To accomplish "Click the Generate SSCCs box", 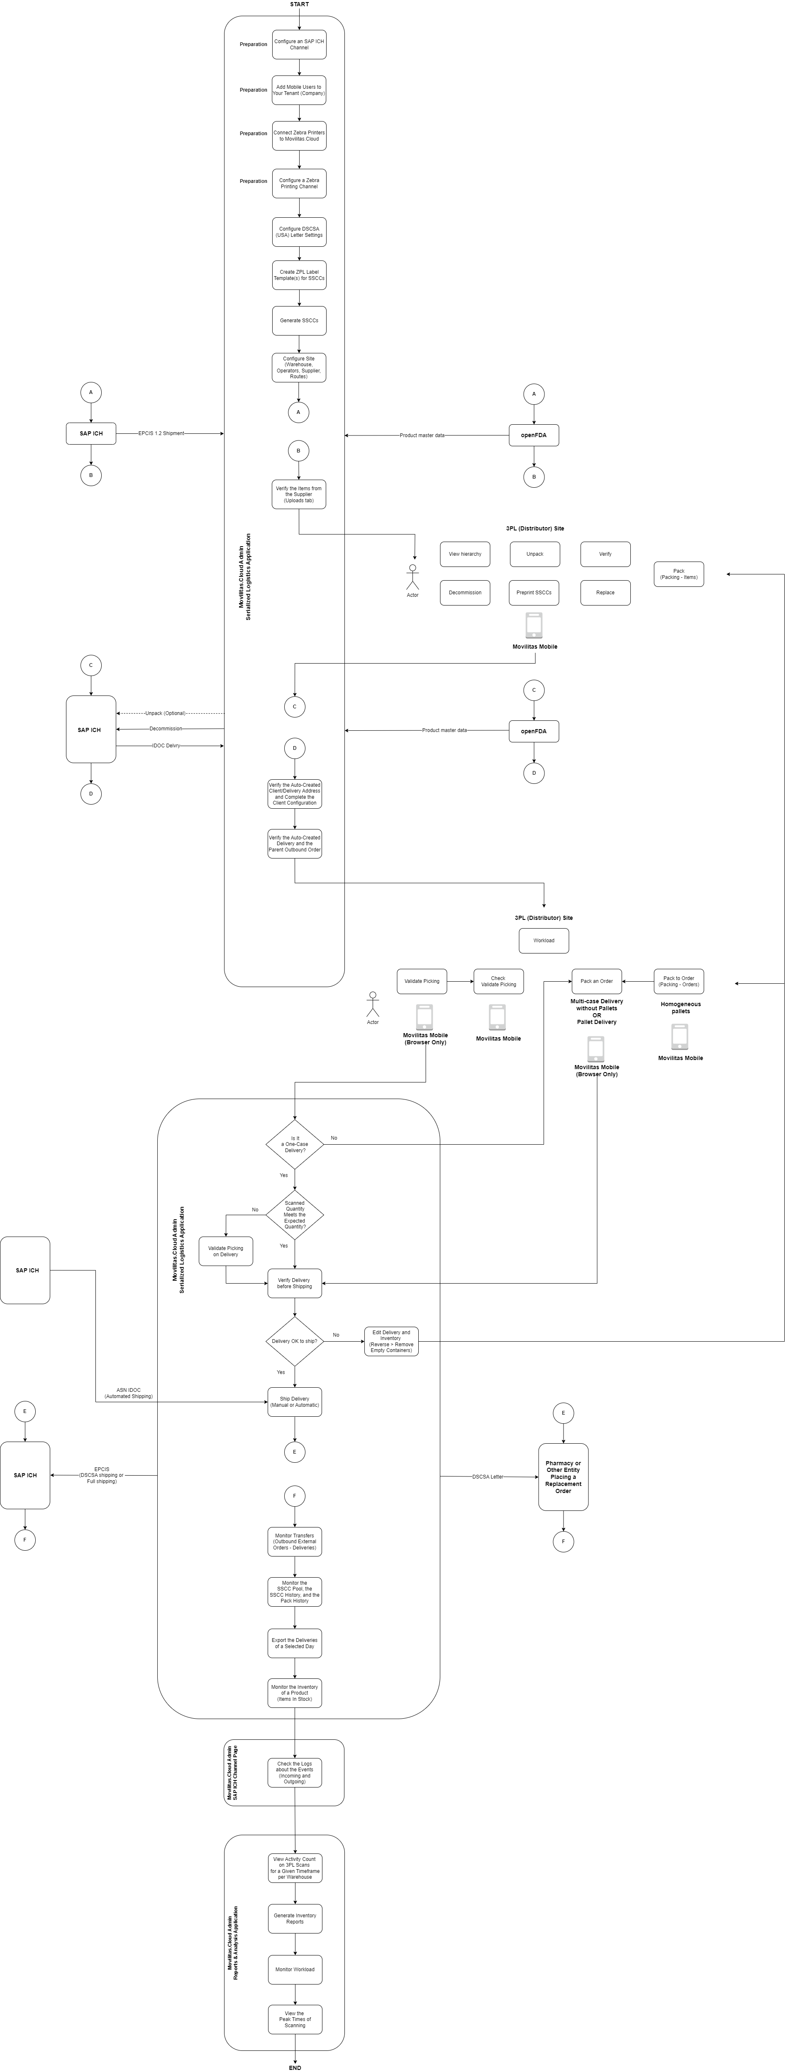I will (299, 320).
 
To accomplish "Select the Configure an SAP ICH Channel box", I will (299, 44).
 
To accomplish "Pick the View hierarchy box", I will (464, 554).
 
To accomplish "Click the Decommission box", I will (464, 593).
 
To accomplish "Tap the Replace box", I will (605, 593).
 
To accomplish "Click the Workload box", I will (543, 940).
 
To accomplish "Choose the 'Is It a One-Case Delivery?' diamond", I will (295, 1144).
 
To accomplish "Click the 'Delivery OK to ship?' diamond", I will (295, 1341).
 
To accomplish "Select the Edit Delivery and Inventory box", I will (391, 1341).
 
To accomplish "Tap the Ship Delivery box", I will (295, 1402).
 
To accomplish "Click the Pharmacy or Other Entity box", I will (563, 1477).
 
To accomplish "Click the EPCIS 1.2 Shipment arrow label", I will (161, 433).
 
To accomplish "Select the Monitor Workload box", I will (295, 1969).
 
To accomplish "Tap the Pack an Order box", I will (596, 981).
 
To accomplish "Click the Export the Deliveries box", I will (295, 1643).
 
